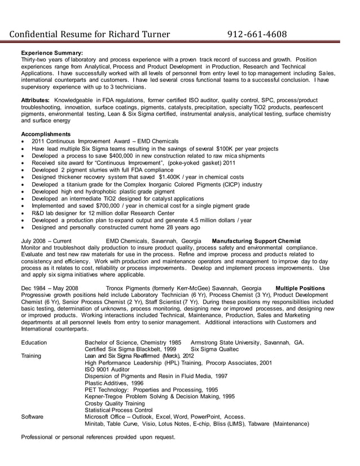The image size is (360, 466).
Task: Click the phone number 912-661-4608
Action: click(x=257, y=35)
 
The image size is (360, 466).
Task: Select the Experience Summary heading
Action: click(x=52, y=52)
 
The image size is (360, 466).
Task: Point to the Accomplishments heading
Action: click(x=46, y=134)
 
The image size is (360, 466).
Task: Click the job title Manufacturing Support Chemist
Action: click(x=256, y=241)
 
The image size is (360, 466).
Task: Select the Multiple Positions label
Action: click(x=300, y=288)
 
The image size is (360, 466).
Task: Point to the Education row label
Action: click(x=34, y=342)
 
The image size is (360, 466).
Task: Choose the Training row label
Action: click(x=32, y=356)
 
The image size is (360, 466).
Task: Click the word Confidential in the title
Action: click(x=36, y=35)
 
